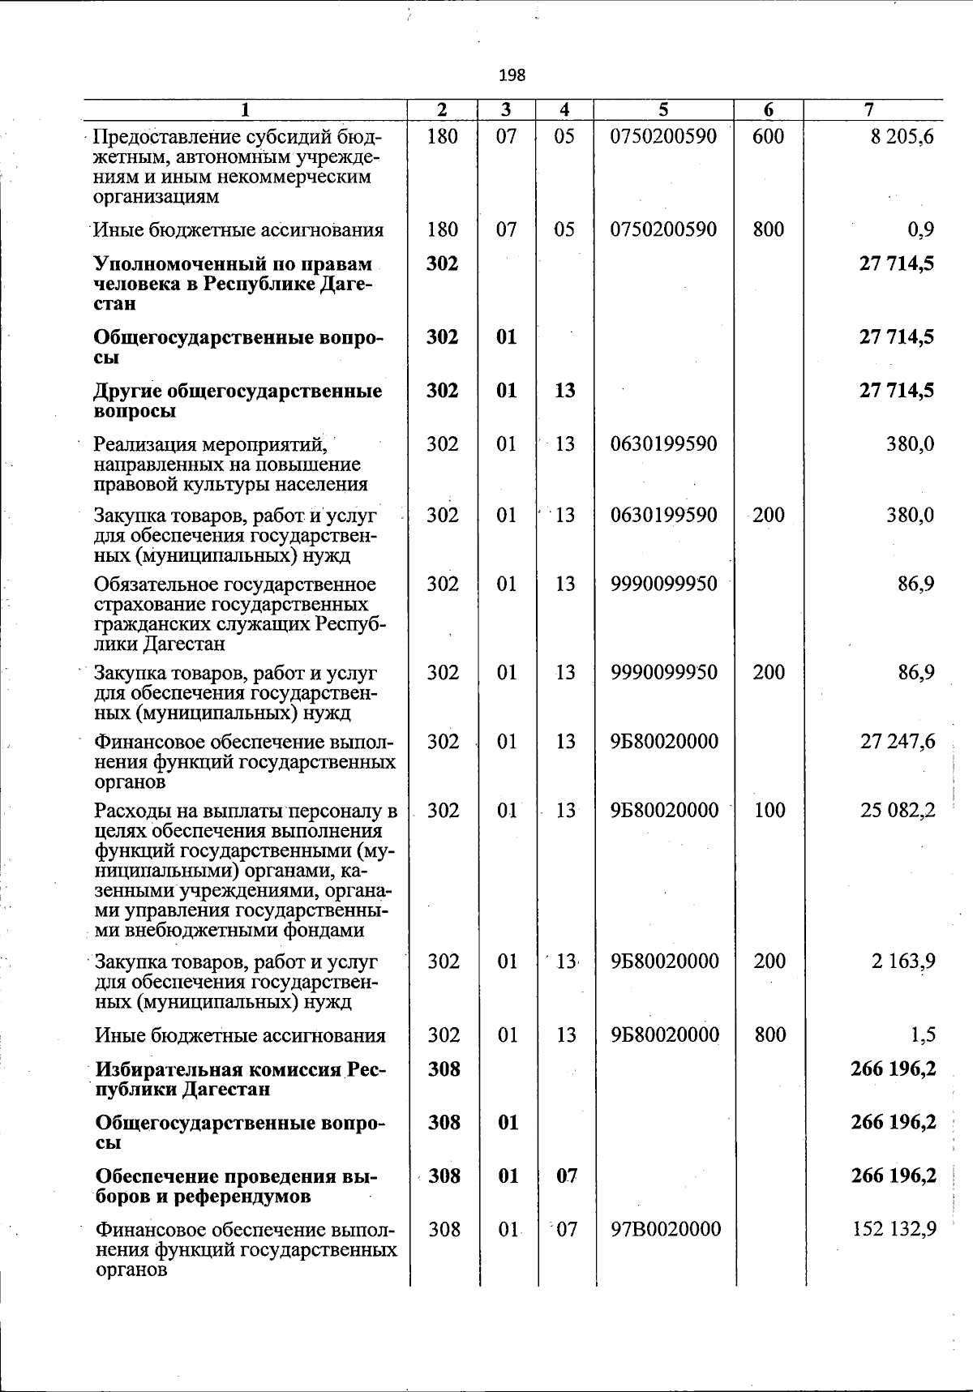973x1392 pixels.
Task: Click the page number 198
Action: click(x=512, y=75)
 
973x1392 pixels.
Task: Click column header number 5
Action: click(x=663, y=109)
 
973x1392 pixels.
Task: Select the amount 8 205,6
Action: click(x=902, y=136)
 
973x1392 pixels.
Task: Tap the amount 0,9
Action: click(x=921, y=230)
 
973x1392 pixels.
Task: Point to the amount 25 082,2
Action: click(x=898, y=810)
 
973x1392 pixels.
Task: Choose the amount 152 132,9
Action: click(x=894, y=1230)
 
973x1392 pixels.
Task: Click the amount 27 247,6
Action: click(x=898, y=742)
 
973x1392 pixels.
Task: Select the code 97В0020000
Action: click(x=666, y=1230)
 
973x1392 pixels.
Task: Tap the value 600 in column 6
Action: click(x=768, y=136)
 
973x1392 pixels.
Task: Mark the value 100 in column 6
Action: click(x=769, y=810)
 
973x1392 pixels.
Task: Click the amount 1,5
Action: click(x=923, y=1035)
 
